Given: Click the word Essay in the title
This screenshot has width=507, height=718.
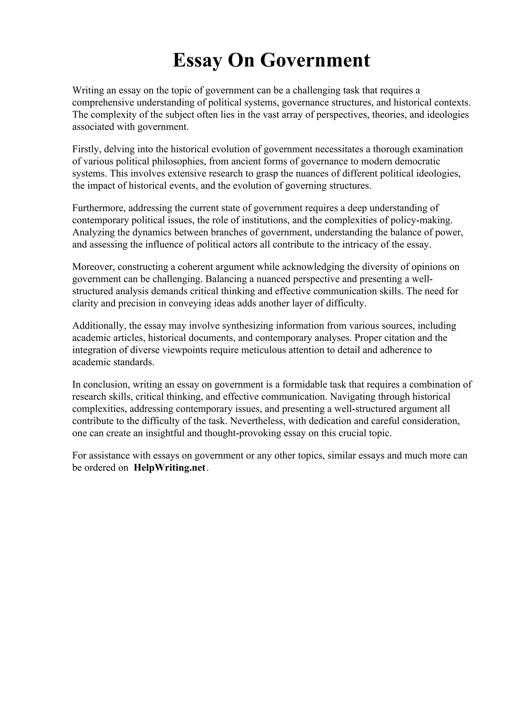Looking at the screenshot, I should [x=198, y=60].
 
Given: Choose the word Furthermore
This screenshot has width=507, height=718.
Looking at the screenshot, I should [x=98, y=208].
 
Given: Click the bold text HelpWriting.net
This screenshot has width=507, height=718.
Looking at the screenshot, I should [x=170, y=468].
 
